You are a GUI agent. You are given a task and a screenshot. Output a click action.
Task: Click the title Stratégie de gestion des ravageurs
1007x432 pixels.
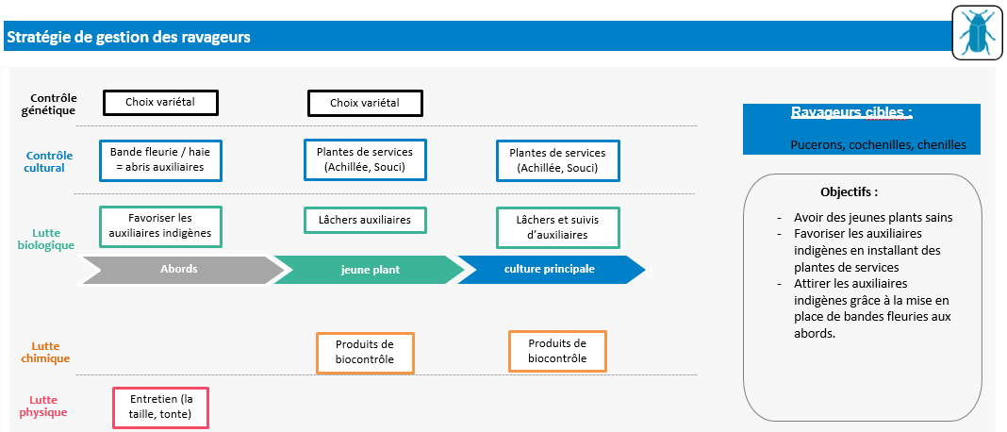pos(128,38)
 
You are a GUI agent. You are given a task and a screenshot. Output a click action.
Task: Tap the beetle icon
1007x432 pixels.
pos(975,33)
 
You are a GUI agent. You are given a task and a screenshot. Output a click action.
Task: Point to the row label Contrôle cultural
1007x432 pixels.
pos(46,161)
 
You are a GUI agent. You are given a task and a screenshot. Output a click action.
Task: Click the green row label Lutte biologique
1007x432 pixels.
pos(46,239)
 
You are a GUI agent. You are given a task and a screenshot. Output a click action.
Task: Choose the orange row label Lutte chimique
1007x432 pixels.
pos(45,352)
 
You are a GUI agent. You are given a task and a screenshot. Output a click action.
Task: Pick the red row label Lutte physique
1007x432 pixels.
pos(44,406)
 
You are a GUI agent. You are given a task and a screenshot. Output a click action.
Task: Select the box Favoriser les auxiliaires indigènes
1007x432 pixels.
pos(160,225)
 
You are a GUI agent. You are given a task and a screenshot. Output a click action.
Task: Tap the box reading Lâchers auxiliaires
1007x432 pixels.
pos(364,220)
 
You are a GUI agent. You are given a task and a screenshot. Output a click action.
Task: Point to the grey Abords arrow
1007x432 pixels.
pos(179,269)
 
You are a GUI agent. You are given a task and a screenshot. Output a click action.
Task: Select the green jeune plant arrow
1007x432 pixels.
pos(370,269)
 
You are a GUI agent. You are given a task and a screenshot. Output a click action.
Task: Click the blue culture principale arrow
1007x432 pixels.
pos(550,269)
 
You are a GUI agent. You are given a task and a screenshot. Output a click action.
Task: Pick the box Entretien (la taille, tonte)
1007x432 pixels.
pos(160,407)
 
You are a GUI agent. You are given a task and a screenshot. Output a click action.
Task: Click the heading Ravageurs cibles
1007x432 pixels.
pos(850,112)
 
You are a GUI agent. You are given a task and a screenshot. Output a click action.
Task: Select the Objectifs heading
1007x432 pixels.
pos(849,191)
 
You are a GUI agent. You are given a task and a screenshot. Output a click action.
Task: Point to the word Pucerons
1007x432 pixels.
pos(817,145)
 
